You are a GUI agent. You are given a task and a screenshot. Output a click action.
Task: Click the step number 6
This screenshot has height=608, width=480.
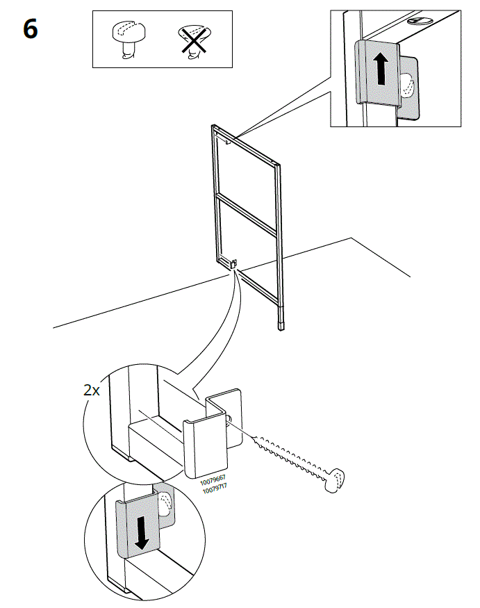tap(31, 30)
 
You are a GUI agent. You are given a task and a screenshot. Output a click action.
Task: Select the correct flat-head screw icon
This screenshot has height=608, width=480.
tap(126, 40)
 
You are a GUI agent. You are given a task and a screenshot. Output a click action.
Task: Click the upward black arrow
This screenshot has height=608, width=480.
tap(380, 70)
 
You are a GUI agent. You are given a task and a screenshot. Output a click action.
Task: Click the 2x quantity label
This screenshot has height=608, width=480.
tap(92, 390)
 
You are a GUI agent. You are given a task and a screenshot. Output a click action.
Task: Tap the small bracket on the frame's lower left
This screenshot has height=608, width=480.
tap(232, 264)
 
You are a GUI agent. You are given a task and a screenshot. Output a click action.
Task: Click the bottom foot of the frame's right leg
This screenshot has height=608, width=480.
tap(281, 323)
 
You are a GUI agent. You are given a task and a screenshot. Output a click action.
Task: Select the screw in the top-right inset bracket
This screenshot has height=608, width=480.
tap(409, 87)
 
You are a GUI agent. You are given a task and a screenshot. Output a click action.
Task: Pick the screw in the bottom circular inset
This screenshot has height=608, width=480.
tap(165, 504)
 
